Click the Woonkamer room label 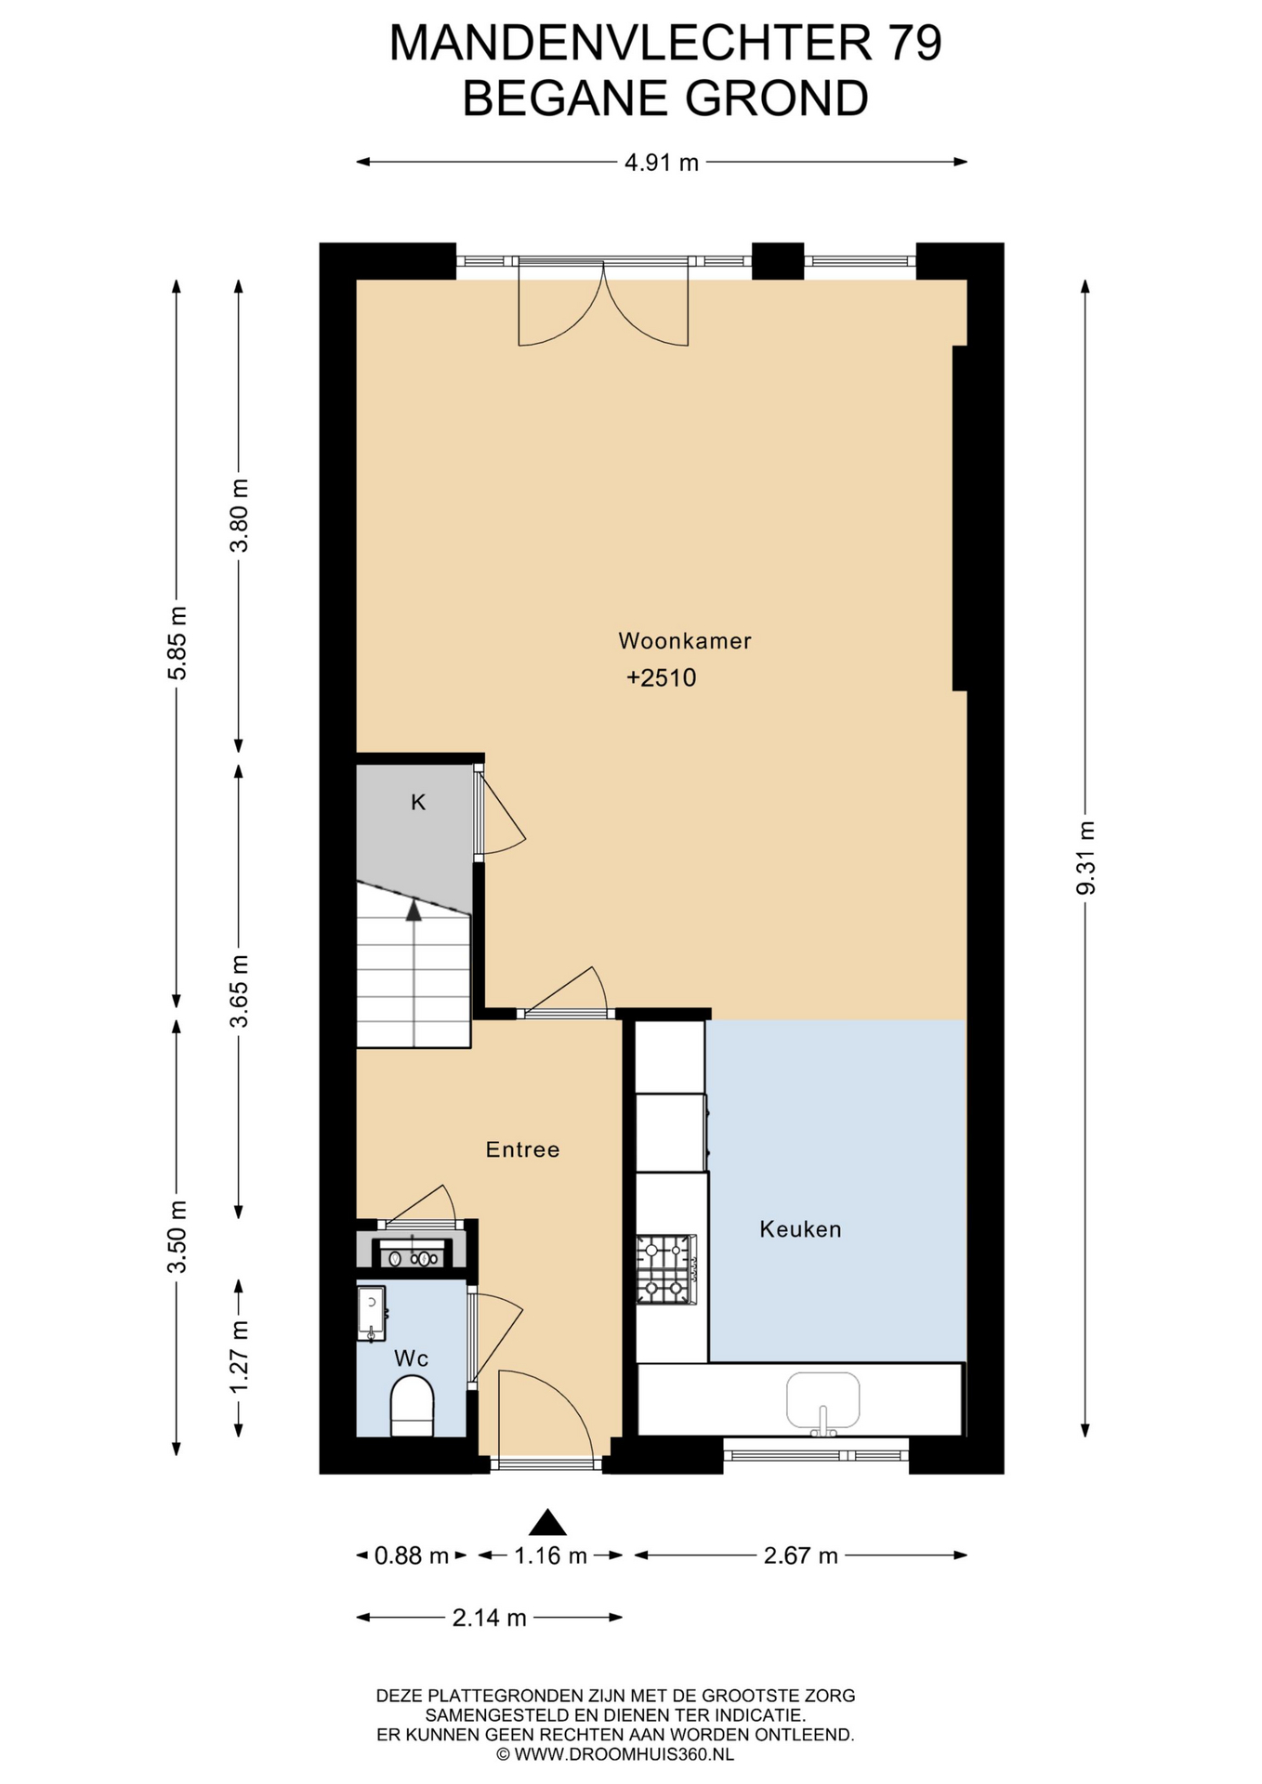click(684, 640)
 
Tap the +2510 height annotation click(662, 678)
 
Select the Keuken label click(800, 1229)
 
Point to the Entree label click(522, 1149)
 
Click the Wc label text click(411, 1358)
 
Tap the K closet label click(418, 802)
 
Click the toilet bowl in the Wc click(412, 1406)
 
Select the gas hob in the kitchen click(666, 1269)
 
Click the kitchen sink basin click(823, 1400)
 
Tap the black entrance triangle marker click(547, 1523)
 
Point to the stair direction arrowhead click(414, 911)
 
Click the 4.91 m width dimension click(662, 163)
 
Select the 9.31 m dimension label click(1085, 859)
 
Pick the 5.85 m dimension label click(177, 643)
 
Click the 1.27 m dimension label click(239, 1357)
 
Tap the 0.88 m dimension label click(412, 1555)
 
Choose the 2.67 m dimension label click(801, 1555)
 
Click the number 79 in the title click(915, 43)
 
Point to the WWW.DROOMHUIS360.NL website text click(624, 1754)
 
